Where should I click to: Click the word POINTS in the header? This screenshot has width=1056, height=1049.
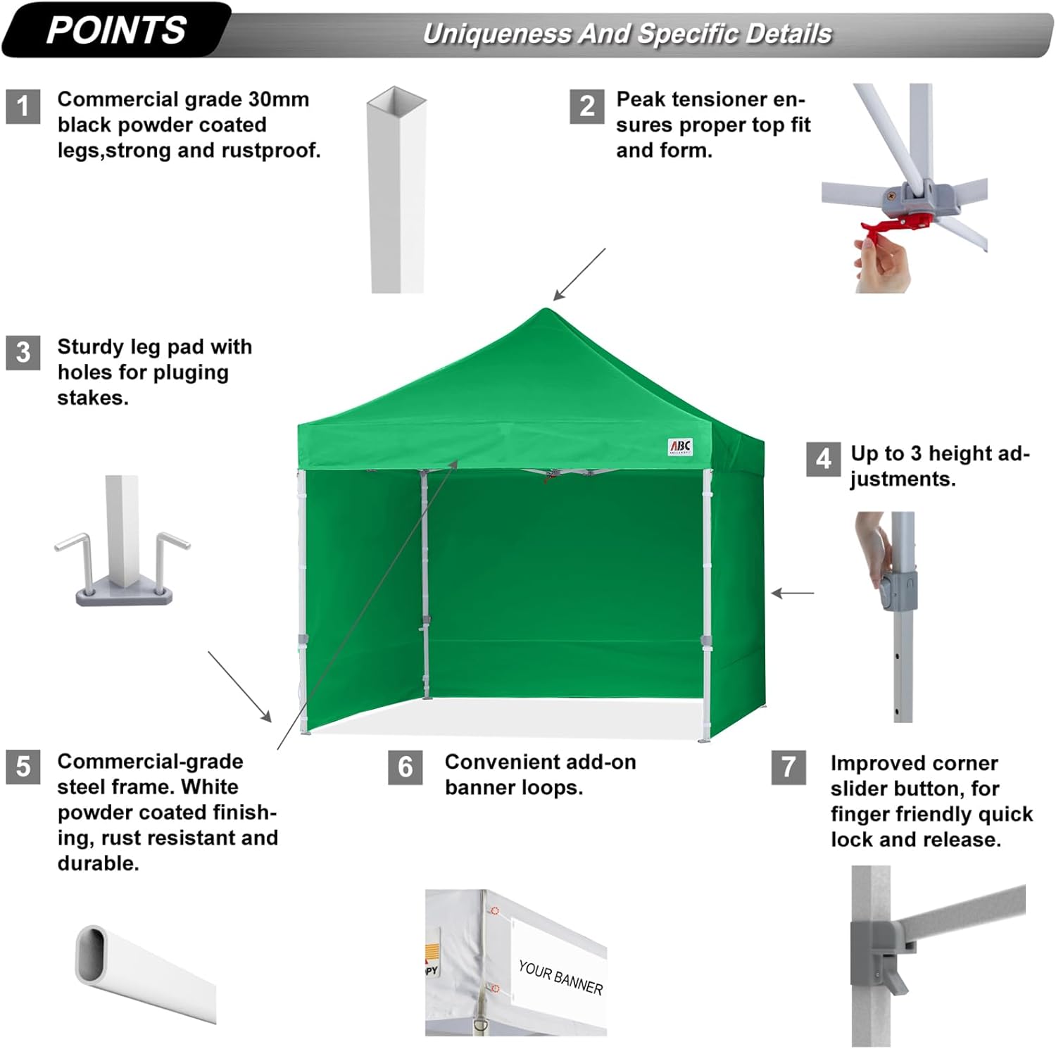[x=116, y=30]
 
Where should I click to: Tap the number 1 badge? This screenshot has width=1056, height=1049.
[x=23, y=106]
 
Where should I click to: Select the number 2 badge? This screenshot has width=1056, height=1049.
[x=586, y=106]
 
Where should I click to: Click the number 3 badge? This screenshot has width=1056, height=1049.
[x=23, y=352]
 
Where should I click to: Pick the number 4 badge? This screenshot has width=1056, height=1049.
[x=823, y=460]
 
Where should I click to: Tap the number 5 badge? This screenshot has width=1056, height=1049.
[x=23, y=766]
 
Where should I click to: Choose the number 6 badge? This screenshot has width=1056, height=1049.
[x=406, y=767]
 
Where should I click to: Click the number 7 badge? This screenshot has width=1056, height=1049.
[x=788, y=767]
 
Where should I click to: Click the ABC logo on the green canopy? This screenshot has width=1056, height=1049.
[x=680, y=447]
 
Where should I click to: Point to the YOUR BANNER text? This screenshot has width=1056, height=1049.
[x=560, y=977]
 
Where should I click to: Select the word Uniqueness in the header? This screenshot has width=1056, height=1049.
[x=496, y=34]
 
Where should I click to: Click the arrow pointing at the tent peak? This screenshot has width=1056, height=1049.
[x=579, y=275]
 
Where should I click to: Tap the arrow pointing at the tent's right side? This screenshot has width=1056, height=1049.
[x=793, y=593]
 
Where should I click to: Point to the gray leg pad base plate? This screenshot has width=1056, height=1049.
[x=124, y=593]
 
